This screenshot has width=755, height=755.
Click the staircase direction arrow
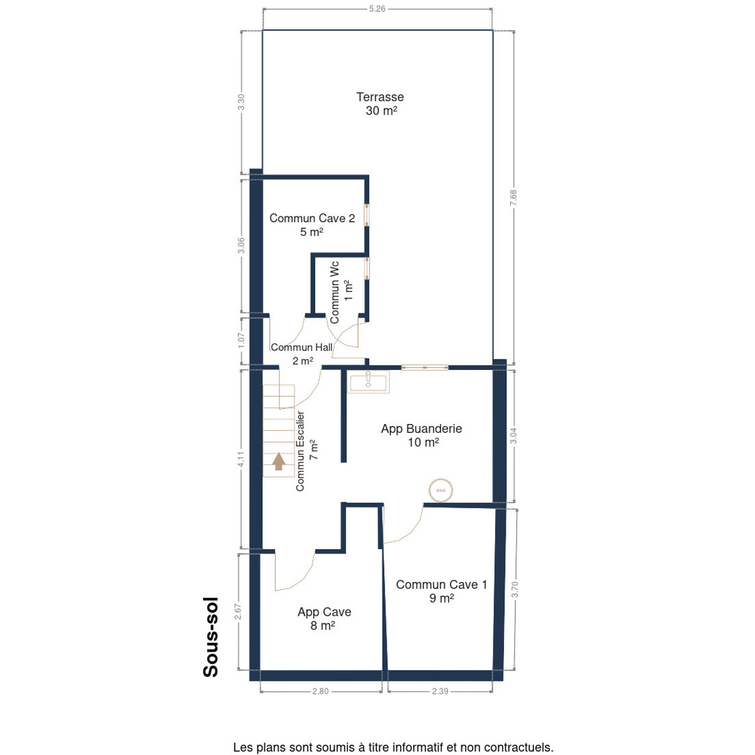point(279,461)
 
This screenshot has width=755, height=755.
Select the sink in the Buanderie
point(368,382)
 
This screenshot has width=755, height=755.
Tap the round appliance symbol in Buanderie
point(441,490)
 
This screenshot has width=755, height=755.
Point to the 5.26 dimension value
point(377,9)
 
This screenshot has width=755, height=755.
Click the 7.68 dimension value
point(513,197)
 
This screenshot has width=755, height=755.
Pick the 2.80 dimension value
point(320,691)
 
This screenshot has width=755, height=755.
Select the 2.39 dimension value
point(440,691)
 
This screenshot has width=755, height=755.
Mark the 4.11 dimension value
point(240,459)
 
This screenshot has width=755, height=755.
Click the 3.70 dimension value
point(515,590)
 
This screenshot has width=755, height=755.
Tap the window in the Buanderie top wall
point(425,367)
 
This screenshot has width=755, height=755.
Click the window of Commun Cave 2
point(367,215)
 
